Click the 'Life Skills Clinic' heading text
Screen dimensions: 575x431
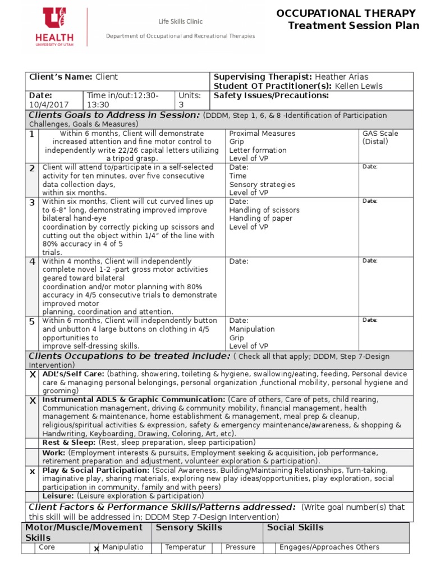pyautogui.click(x=180, y=22)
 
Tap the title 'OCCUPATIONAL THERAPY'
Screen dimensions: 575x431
pyautogui.click(x=346, y=13)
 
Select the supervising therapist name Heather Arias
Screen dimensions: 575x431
pyautogui.click(x=342, y=77)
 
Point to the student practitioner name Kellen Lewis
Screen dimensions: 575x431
pyautogui.click(x=359, y=86)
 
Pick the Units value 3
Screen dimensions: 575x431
pyautogui.click(x=181, y=104)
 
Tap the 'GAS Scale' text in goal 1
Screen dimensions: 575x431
pyautogui.click(x=380, y=134)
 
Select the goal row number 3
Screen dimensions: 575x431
pyautogui.click(x=32, y=202)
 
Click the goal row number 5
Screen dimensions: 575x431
pyautogui.click(x=32, y=321)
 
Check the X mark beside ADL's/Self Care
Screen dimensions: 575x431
pyautogui.click(x=32, y=375)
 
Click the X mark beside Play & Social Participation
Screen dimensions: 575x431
pyautogui.click(x=32, y=472)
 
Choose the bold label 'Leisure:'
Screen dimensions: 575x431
pyautogui.click(x=58, y=496)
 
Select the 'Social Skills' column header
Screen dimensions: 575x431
pyautogui.click(x=295, y=527)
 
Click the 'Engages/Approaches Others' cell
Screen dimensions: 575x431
pyautogui.click(x=329, y=547)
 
